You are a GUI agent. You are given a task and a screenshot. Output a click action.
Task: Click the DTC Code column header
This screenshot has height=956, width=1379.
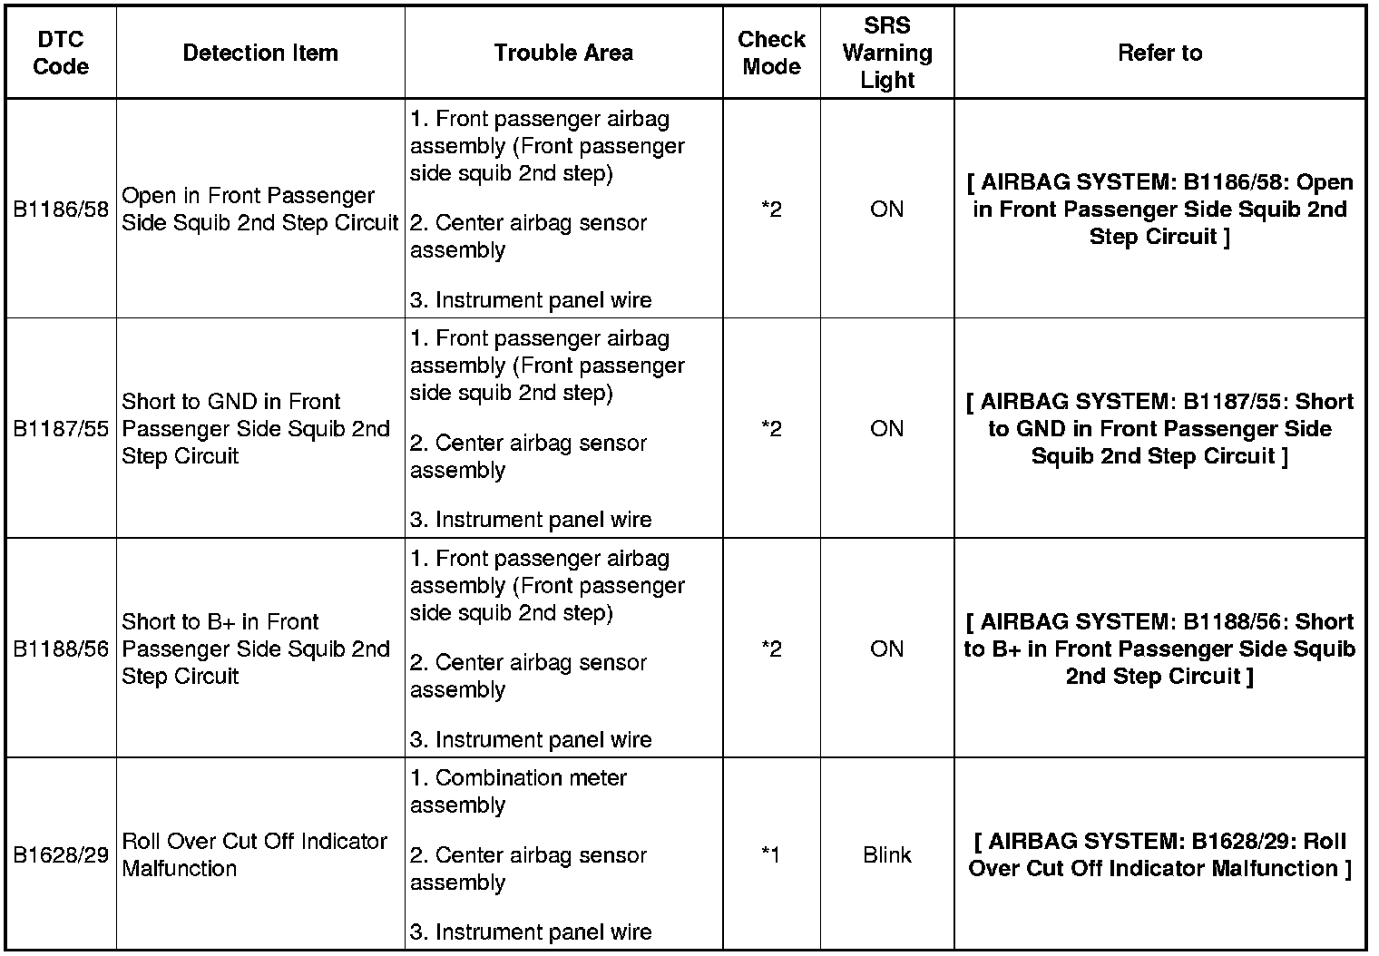coord(61,53)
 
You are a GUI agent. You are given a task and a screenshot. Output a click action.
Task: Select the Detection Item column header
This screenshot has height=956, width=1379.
coord(260,53)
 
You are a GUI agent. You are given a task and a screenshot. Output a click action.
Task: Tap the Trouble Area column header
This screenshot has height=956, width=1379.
coord(563,53)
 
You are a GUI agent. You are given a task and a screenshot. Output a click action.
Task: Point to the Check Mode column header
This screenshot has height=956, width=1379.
coord(771,53)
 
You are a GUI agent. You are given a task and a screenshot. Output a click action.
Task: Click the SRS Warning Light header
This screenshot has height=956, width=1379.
coord(886,53)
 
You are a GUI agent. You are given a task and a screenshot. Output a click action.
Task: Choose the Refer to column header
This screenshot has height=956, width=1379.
coord(1159,53)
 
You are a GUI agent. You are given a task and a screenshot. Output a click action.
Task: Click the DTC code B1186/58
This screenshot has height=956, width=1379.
coord(61,210)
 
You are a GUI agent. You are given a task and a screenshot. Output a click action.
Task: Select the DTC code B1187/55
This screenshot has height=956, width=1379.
coord(61,429)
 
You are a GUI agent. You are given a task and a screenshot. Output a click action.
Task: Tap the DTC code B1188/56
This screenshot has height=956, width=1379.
coord(61,649)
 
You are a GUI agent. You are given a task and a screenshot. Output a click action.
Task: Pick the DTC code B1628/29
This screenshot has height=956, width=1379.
coord(61,855)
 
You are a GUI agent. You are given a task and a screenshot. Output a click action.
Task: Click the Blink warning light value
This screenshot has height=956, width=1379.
coord(886,855)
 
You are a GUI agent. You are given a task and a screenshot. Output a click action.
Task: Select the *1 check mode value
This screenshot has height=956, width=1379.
coord(771,855)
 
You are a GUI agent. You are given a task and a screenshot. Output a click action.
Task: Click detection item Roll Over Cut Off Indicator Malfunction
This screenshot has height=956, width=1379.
coord(254,854)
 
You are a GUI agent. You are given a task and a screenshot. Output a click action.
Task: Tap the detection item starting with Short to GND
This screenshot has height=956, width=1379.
coord(256,429)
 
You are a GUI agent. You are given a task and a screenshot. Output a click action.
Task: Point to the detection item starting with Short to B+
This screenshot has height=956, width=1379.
coord(256,649)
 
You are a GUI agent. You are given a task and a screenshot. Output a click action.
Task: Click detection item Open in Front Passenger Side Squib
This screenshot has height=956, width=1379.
coord(259,210)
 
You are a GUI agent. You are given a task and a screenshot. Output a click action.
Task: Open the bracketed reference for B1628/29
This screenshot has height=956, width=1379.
coord(1159,854)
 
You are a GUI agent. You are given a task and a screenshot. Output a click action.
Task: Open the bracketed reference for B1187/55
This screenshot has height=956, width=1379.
coord(1159,429)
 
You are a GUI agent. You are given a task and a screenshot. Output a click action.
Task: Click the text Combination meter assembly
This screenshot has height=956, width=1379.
coord(518,791)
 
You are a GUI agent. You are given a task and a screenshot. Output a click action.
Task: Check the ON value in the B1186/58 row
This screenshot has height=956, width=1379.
coord(886,210)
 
